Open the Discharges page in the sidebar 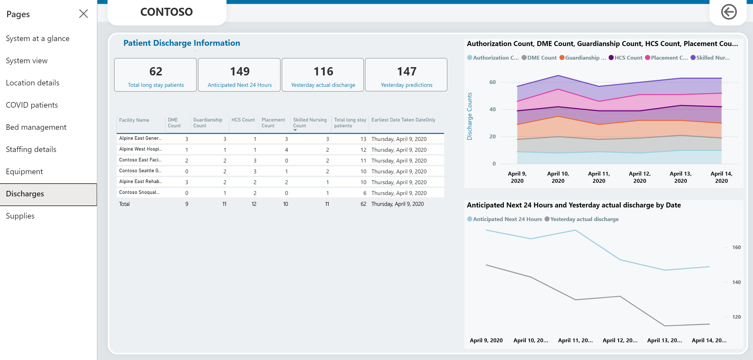click(25, 194)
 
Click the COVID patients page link click(32, 105)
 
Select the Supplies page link click(20, 216)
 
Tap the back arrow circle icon click(729, 12)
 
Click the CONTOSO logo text click(166, 12)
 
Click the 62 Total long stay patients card click(155, 75)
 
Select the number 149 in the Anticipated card click(240, 71)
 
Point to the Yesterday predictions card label click(406, 85)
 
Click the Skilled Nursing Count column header click(310, 123)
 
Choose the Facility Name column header click(134, 120)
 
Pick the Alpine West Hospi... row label click(141, 149)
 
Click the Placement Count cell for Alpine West click(286, 150)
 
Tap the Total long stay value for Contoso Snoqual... click(364, 193)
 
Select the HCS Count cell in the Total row click(254, 204)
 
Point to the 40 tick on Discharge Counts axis click(492, 109)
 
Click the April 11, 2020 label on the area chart click(599, 177)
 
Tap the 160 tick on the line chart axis click(736, 247)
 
